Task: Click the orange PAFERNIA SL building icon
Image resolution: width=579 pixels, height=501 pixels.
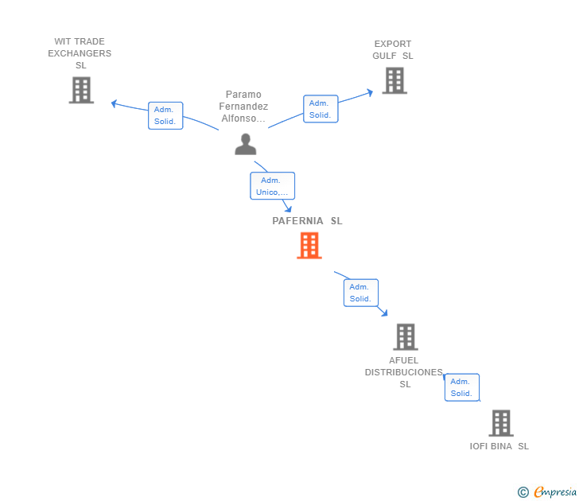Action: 309,246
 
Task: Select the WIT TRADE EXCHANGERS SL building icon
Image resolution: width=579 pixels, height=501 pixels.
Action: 81,91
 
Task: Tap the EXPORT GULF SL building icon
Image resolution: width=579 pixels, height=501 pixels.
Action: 394,80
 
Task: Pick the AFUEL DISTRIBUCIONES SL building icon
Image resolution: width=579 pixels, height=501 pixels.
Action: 406,337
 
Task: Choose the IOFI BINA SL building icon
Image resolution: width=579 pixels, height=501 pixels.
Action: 500,423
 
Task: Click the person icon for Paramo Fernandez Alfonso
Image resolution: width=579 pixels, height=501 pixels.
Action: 246,144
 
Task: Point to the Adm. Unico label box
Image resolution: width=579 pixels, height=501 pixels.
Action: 273,186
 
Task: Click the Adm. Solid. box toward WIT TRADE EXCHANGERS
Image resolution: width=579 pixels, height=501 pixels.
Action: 165,115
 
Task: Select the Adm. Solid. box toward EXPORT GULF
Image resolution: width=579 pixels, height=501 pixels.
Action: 321,109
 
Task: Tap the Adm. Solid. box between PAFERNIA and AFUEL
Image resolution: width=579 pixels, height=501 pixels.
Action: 360,293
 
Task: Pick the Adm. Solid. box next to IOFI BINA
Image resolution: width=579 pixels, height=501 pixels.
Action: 461,387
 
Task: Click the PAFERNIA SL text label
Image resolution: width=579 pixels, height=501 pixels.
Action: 307,221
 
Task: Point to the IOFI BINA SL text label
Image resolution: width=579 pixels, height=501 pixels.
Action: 499,446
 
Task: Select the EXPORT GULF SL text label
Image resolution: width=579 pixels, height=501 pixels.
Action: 393,50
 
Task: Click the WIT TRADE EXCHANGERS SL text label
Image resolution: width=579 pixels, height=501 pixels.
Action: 80,53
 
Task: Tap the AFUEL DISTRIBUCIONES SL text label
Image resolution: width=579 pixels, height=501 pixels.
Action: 404,372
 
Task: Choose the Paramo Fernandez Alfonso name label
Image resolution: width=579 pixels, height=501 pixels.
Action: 243,107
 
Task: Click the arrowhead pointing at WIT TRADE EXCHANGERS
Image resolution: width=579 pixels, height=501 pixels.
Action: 115,103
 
